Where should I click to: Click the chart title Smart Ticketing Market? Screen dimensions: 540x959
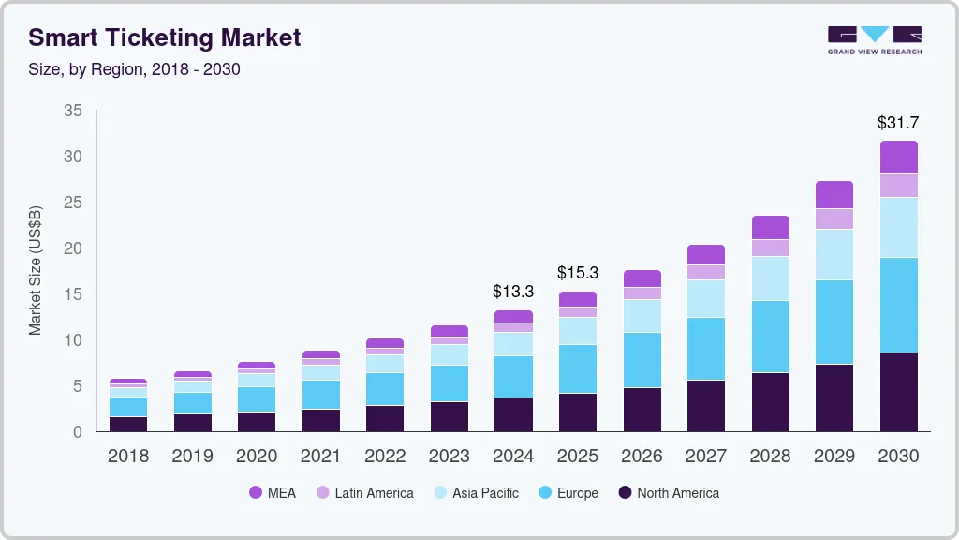coord(165,37)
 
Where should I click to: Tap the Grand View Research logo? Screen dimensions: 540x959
coord(875,39)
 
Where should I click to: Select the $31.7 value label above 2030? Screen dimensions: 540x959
coord(898,123)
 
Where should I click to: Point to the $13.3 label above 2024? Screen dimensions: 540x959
coord(513,292)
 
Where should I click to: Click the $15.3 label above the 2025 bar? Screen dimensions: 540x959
coord(577,273)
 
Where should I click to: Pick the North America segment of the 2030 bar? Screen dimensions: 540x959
coord(898,392)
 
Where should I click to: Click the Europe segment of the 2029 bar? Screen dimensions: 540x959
coord(834,322)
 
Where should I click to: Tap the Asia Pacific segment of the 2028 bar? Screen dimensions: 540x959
coord(770,278)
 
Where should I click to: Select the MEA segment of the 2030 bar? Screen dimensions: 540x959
coord(898,157)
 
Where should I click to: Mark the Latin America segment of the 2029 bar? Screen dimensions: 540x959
coord(834,218)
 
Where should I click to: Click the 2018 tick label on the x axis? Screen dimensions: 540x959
coord(127,457)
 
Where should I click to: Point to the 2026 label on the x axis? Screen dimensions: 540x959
coord(642,457)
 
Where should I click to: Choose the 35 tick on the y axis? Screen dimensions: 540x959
coord(73,112)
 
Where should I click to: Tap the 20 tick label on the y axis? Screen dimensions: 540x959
coord(73,248)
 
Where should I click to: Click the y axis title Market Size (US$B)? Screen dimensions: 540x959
coord(36,271)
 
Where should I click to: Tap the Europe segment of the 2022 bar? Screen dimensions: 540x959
coord(385,389)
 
